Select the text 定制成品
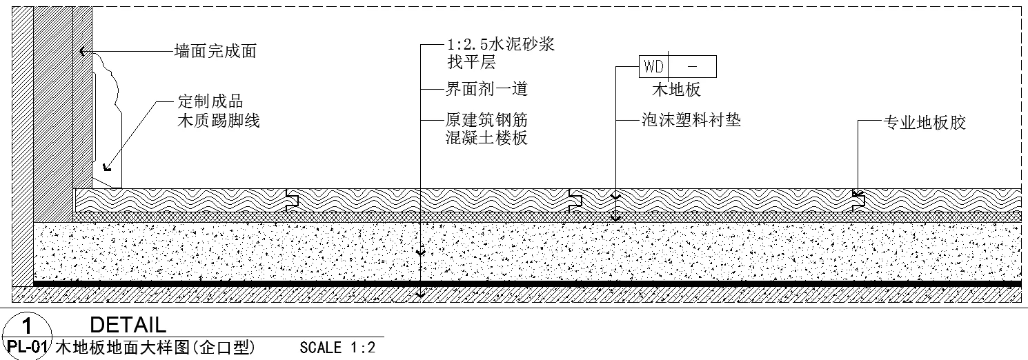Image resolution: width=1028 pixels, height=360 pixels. pos(210,103)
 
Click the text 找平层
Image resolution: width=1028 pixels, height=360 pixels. pos(471,63)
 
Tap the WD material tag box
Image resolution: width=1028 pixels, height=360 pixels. pos(677,67)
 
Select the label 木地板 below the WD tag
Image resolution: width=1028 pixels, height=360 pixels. pos(676,90)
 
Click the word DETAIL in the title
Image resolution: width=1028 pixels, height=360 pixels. pos(128,325)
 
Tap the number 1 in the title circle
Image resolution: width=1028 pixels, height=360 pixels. pos(26,325)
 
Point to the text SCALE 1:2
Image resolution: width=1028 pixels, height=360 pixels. pos(338,347)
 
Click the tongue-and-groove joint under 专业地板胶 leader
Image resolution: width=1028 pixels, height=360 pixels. pos(858,200)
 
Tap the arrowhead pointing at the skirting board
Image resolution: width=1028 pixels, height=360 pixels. pos(106,166)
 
